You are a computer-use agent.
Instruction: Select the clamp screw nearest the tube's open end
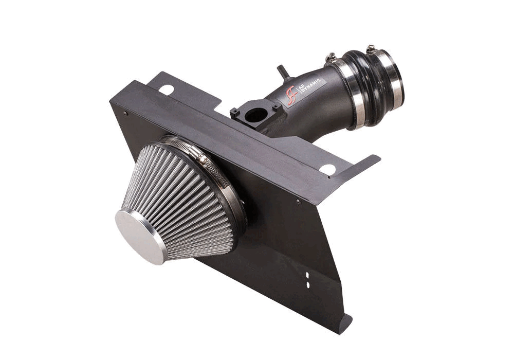click(x=371, y=49)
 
